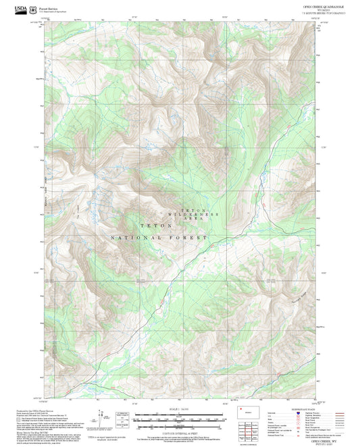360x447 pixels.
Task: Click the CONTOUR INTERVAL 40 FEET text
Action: pos(179,429)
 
